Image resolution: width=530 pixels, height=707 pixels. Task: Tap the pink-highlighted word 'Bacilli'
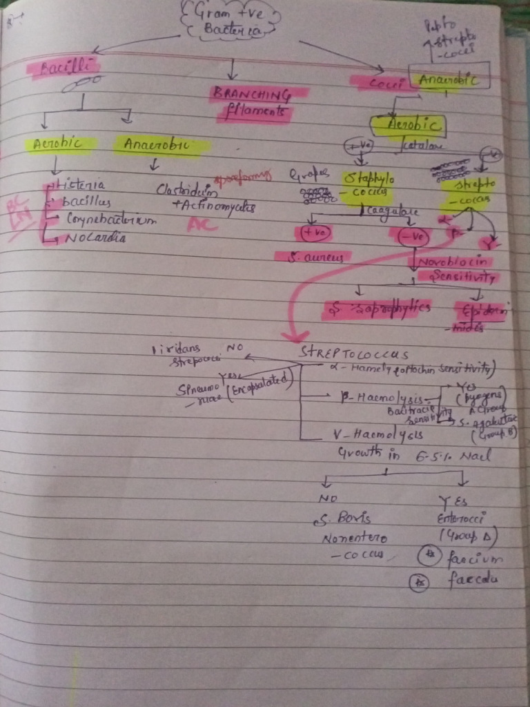pos(61,68)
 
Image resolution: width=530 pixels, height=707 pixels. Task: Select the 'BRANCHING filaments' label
pos(251,102)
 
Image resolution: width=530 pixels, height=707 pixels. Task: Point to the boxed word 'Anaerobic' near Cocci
pos(449,79)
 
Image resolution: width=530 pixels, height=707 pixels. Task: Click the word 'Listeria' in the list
pos(82,185)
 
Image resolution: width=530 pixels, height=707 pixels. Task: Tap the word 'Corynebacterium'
pos(110,220)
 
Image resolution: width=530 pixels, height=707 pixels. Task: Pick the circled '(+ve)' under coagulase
pos(314,233)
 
